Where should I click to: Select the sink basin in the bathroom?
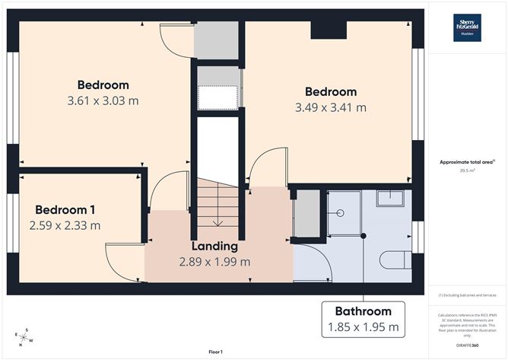click(x=393, y=200)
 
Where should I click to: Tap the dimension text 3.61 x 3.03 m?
click(x=103, y=100)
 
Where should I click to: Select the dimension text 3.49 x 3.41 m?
click(x=330, y=107)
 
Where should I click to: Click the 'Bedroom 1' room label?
click(x=65, y=209)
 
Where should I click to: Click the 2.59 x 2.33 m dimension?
click(x=65, y=225)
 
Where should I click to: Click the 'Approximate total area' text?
click(x=466, y=162)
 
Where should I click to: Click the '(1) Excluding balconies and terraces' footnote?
click(x=467, y=295)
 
